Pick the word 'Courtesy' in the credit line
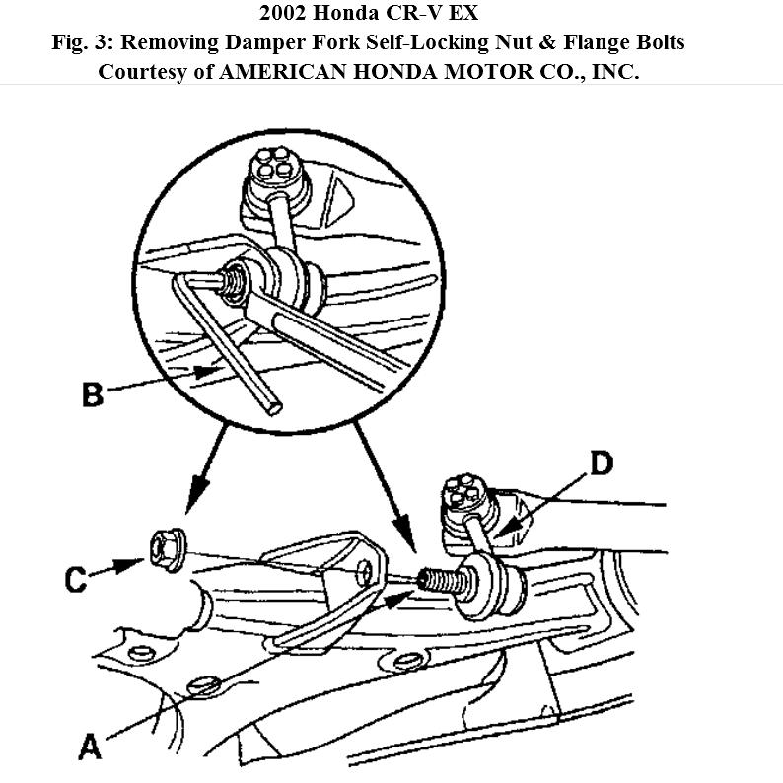coord(143,72)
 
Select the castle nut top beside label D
coord(463,493)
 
